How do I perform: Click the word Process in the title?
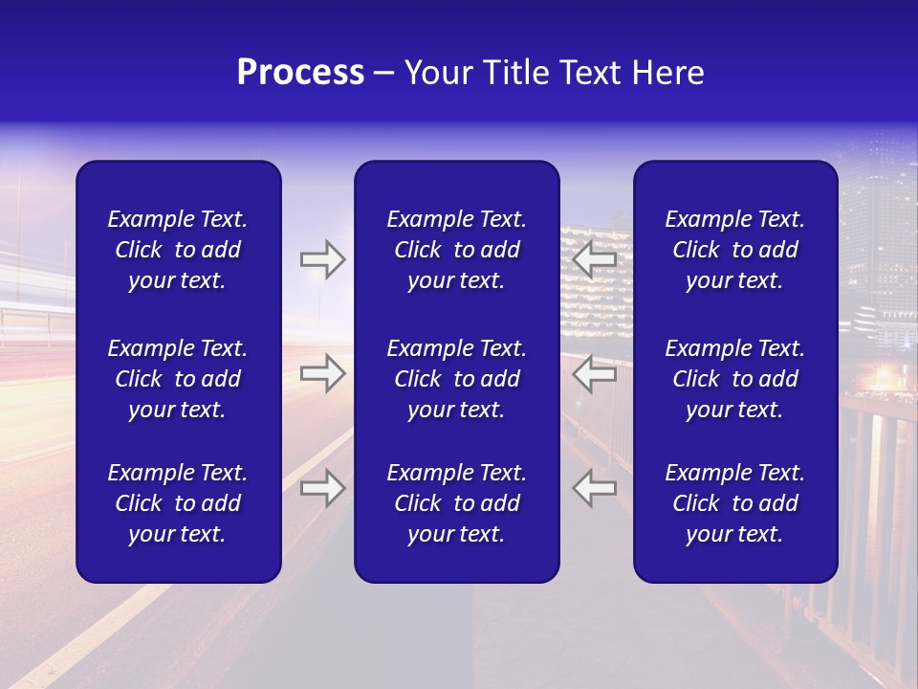pos(300,73)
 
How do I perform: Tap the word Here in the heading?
pos(669,73)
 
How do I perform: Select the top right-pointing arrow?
pos(322,259)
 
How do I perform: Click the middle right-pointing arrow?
pos(322,373)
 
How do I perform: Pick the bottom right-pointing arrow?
pos(322,488)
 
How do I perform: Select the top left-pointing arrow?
pos(595,259)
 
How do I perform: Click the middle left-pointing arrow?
pos(595,373)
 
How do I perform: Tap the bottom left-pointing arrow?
pos(595,488)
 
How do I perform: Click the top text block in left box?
pos(178,250)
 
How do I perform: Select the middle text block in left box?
pos(178,379)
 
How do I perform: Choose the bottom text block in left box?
pos(178,503)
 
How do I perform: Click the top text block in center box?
pos(456,250)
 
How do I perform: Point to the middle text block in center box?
pos(456,379)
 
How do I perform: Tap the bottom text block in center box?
pos(456,503)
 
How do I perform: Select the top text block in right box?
pos(734,250)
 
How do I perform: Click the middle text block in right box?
pos(734,379)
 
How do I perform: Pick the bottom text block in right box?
pos(734,503)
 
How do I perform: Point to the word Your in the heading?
pos(437,73)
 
